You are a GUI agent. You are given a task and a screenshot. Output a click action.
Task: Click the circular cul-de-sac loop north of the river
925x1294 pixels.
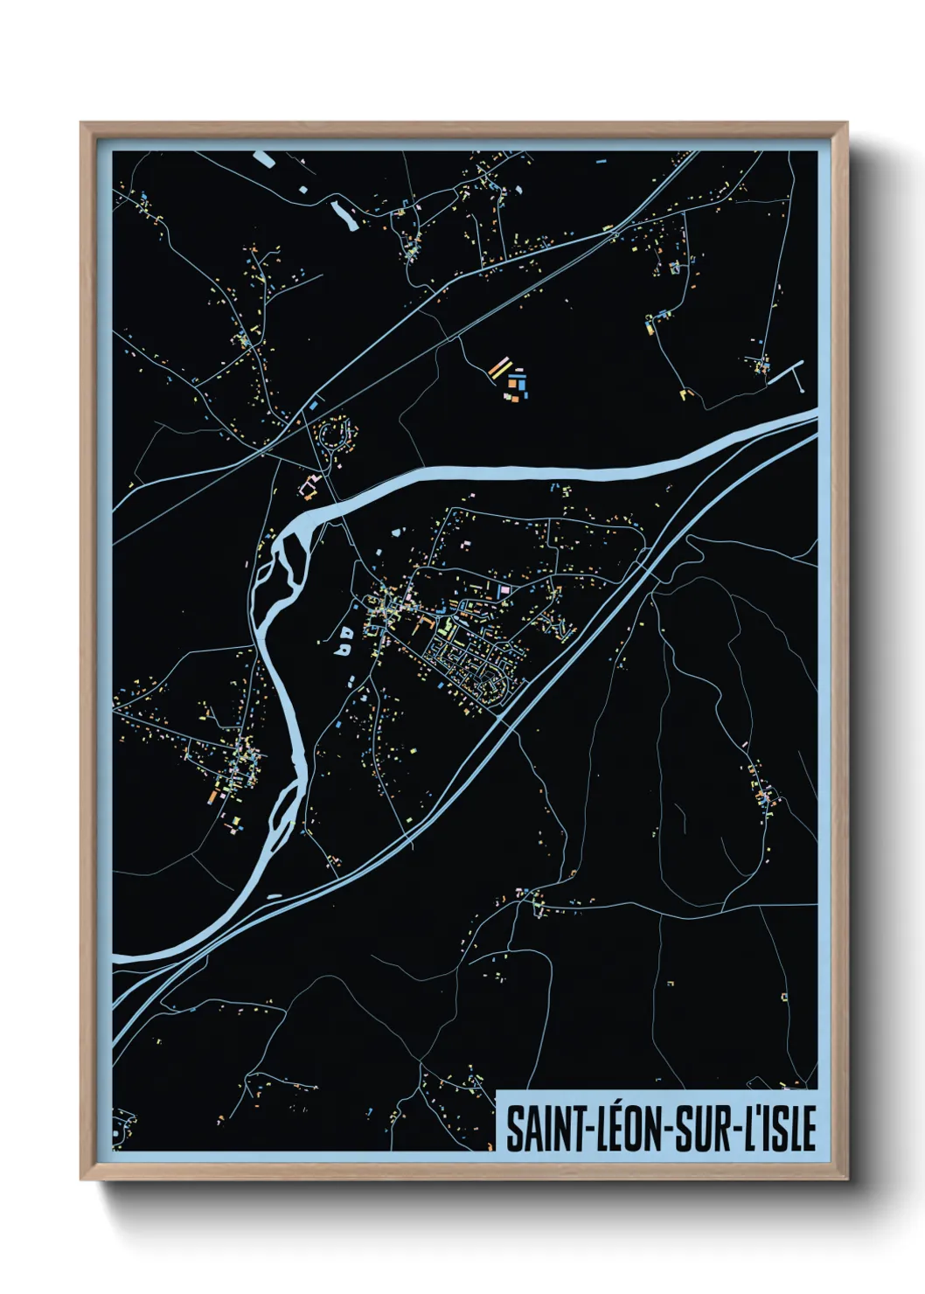pos(336,434)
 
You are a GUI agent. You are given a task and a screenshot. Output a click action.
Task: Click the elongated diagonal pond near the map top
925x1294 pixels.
pos(343,214)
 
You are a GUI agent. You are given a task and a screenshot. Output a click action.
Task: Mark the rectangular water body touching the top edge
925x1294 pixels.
pos(263,158)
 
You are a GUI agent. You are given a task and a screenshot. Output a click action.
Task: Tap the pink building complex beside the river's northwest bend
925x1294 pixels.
pos(309,485)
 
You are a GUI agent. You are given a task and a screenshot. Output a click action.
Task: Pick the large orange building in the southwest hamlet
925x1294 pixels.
pos(213,796)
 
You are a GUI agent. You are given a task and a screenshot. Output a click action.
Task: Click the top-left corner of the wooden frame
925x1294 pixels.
pos(82,124)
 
